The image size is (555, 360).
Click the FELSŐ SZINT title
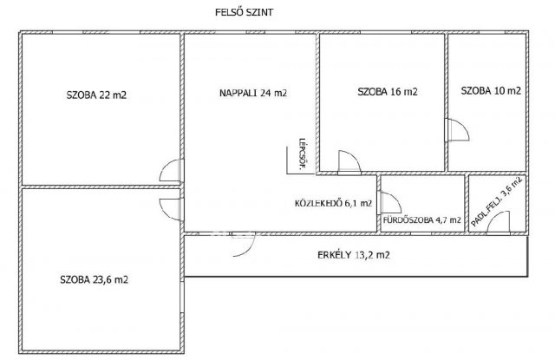[245, 12]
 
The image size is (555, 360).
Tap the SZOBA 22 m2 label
[96, 95]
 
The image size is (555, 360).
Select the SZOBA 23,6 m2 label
[95, 279]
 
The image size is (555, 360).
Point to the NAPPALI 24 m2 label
[253, 93]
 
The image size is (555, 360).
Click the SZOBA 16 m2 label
[388, 92]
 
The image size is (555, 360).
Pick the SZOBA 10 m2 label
[491, 91]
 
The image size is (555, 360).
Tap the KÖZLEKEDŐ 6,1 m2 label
[333, 203]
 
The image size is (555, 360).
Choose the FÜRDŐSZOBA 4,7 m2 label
[422, 219]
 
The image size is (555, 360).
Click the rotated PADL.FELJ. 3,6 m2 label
[497, 201]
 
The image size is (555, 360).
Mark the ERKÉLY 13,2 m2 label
[354, 255]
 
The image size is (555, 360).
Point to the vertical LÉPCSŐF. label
[302, 154]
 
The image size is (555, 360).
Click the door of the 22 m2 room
[172, 171]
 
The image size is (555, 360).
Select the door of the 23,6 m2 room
[172, 209]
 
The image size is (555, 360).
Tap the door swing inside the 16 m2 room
[349, 162]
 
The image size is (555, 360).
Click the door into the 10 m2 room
[457, 130]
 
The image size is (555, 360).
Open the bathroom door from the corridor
[389, 202]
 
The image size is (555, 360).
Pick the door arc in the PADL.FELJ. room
[499, 223]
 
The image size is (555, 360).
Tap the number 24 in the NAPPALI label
[266, 93]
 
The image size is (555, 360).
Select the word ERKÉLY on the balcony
[334, 255]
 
